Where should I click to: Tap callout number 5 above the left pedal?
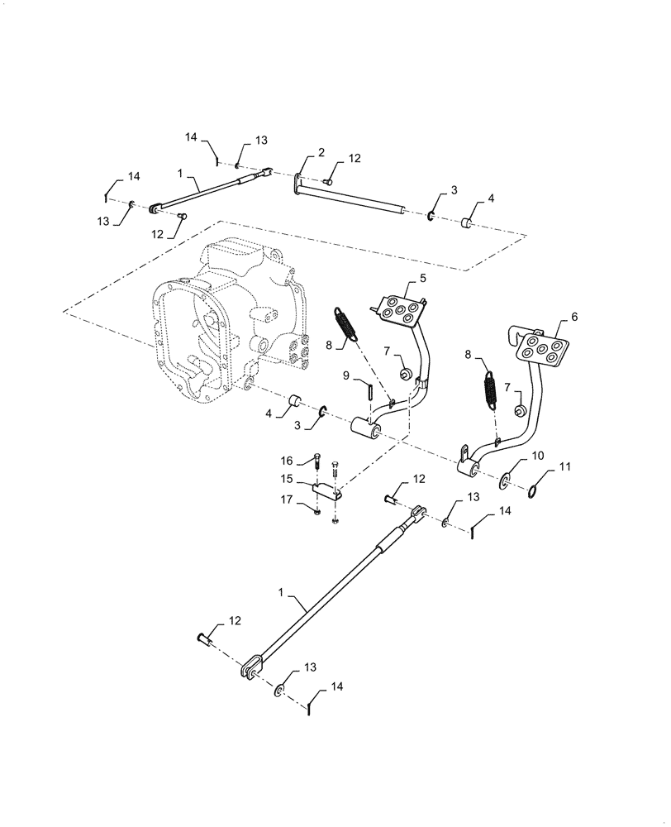[422, 279]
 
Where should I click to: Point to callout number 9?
[347, 376]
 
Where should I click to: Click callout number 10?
[537, 456]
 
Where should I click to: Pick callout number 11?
[565, 467]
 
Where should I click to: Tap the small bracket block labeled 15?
[329, 493]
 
